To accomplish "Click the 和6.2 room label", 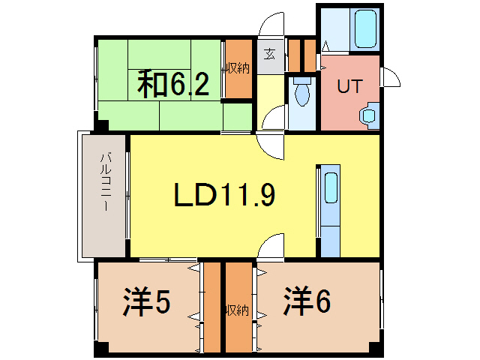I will [172, 85].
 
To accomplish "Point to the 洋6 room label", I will [307, 302].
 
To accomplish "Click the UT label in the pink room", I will [348, 86].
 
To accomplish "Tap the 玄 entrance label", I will [270, 55].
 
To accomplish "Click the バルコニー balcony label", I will [106, 183].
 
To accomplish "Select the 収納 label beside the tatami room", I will [238, 68].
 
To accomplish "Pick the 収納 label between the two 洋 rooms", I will [237, 308].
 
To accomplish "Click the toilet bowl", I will [301, 93].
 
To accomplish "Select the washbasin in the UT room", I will [367, 115].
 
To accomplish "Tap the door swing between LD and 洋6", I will [268, 247].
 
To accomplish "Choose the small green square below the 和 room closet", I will [238, 116].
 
